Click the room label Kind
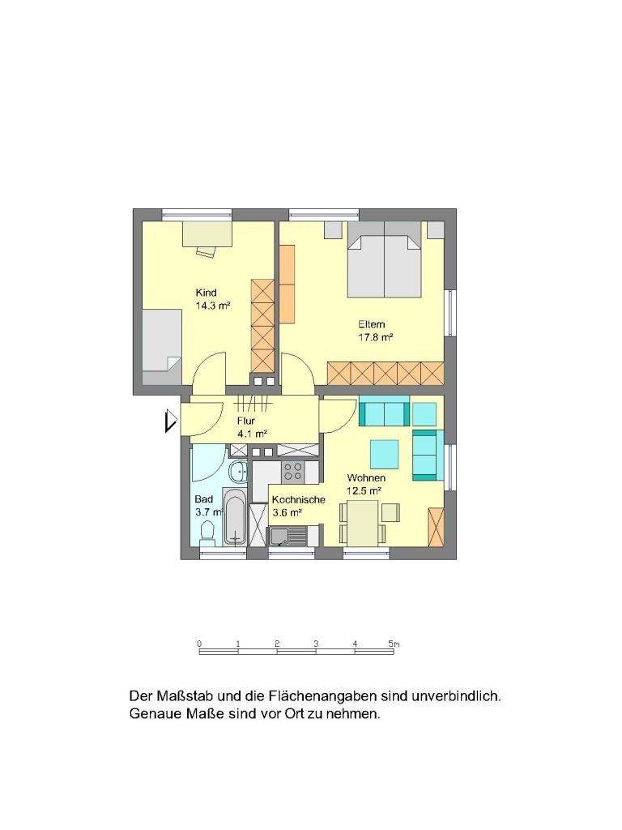(x=207, y=293)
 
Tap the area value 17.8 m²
(x=376, y=339)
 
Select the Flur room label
(x=246, y=421)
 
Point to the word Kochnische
(x=298, y=499)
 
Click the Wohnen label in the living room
(x=365, y=478)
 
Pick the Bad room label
(x=203, y=499)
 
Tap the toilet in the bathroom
(x=207, y=533)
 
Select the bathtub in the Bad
(x=235, y=516)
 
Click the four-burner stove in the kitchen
(x=292, y=470)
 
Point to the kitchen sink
(x=287, y=536)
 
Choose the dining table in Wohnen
(x=363, y=522)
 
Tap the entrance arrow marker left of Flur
(x=170, y=421)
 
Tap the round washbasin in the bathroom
(x=240, y=472)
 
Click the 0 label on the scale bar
(x=198, y=644)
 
